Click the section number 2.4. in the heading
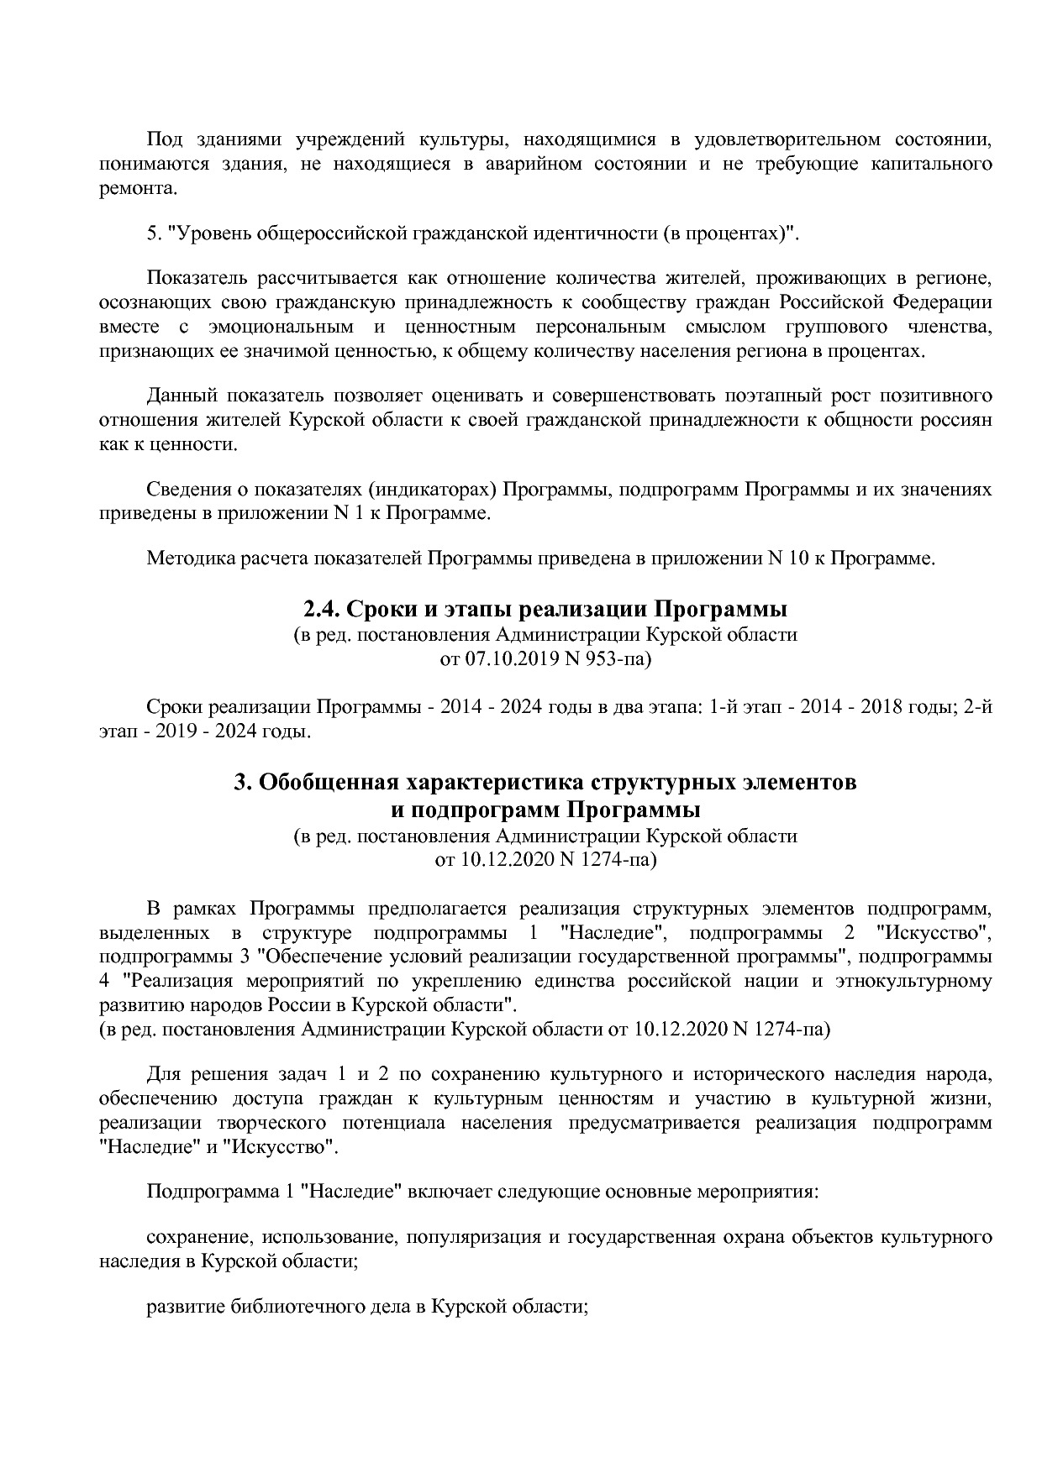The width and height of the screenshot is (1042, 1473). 321,608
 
